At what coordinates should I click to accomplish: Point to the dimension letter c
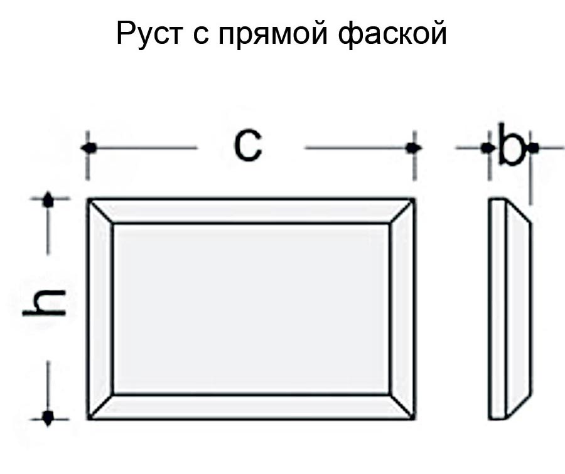[x=248, y=147]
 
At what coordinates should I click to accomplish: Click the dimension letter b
[x=510, y=147]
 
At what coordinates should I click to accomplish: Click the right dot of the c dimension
[x=412, y=148]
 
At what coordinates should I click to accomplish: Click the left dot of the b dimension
[x=487, y=148]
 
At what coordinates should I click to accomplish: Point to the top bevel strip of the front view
[x=251, y=211]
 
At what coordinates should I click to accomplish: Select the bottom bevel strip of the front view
[x=251, y=406]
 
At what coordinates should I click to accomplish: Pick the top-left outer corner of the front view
[x=89, y=200]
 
